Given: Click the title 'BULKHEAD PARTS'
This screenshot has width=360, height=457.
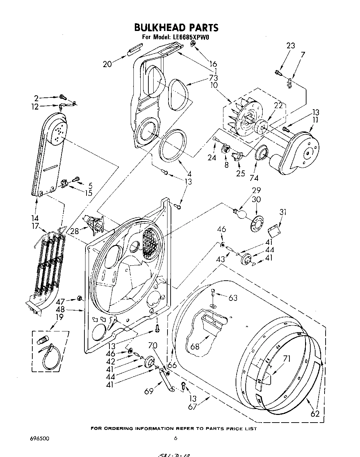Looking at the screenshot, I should pyautogui.click(x=176, y=27).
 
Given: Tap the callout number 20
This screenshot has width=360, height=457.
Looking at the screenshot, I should pyautogui.click(x=108, y=64).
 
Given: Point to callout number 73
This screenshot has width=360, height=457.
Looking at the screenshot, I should pyautogui.click(x=213, y=78).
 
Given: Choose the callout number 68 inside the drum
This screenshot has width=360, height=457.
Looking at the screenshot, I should pyautogui.click(x=195, y=346).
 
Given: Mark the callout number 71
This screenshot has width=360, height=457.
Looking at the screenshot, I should pyautogui.click(x=287, y=359).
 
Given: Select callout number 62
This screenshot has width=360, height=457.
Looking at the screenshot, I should pyautogui.click(x=315, y=414).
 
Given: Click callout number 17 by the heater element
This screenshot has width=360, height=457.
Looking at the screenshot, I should pyautogui.click(x=35, y=226).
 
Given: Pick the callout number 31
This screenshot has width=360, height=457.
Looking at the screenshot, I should pyautogui.click(x=283, y=212).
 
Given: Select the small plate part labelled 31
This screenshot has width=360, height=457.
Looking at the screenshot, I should pyautogui.click(x=275, y=229).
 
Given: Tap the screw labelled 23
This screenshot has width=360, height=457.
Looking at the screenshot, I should pyautogui.click(x=278, y=73).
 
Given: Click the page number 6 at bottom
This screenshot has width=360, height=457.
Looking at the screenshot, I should pyautogui.click(x=176, y=438).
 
